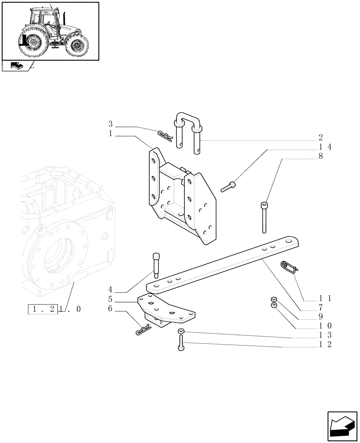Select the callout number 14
point(325,147)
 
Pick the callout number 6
point(110,309)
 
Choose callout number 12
point(325,344)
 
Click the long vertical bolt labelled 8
point(265,217)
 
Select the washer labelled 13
point(181,333)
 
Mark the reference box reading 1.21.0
point(55,310)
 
